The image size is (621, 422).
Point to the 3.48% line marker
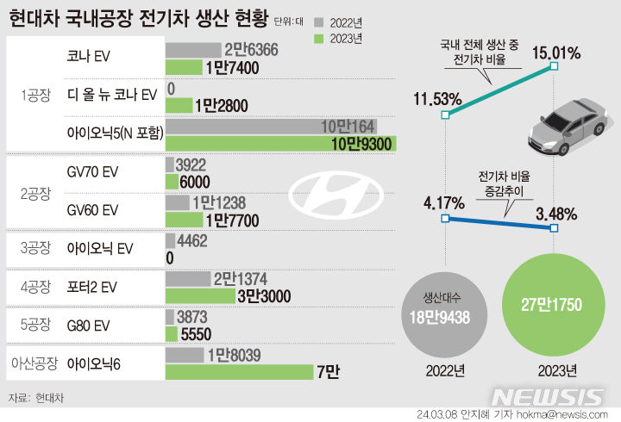(555, 228)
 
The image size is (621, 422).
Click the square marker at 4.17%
(444, 219)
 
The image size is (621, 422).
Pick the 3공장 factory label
(36, 248)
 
